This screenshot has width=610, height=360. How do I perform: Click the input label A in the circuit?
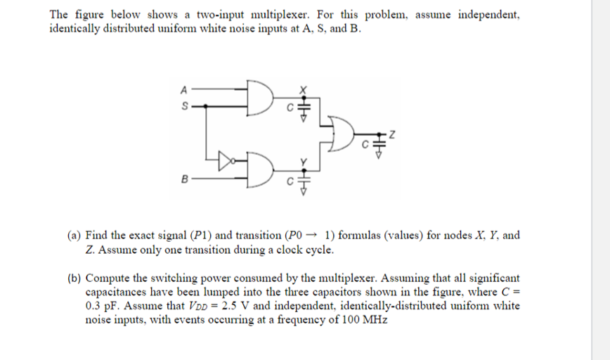(x=184, y=89)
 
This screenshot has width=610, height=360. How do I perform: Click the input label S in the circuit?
(x=184, y=107)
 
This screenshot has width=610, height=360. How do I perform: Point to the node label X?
(x=304, y=89)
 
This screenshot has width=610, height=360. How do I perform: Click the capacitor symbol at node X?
(x=304, y=106)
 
